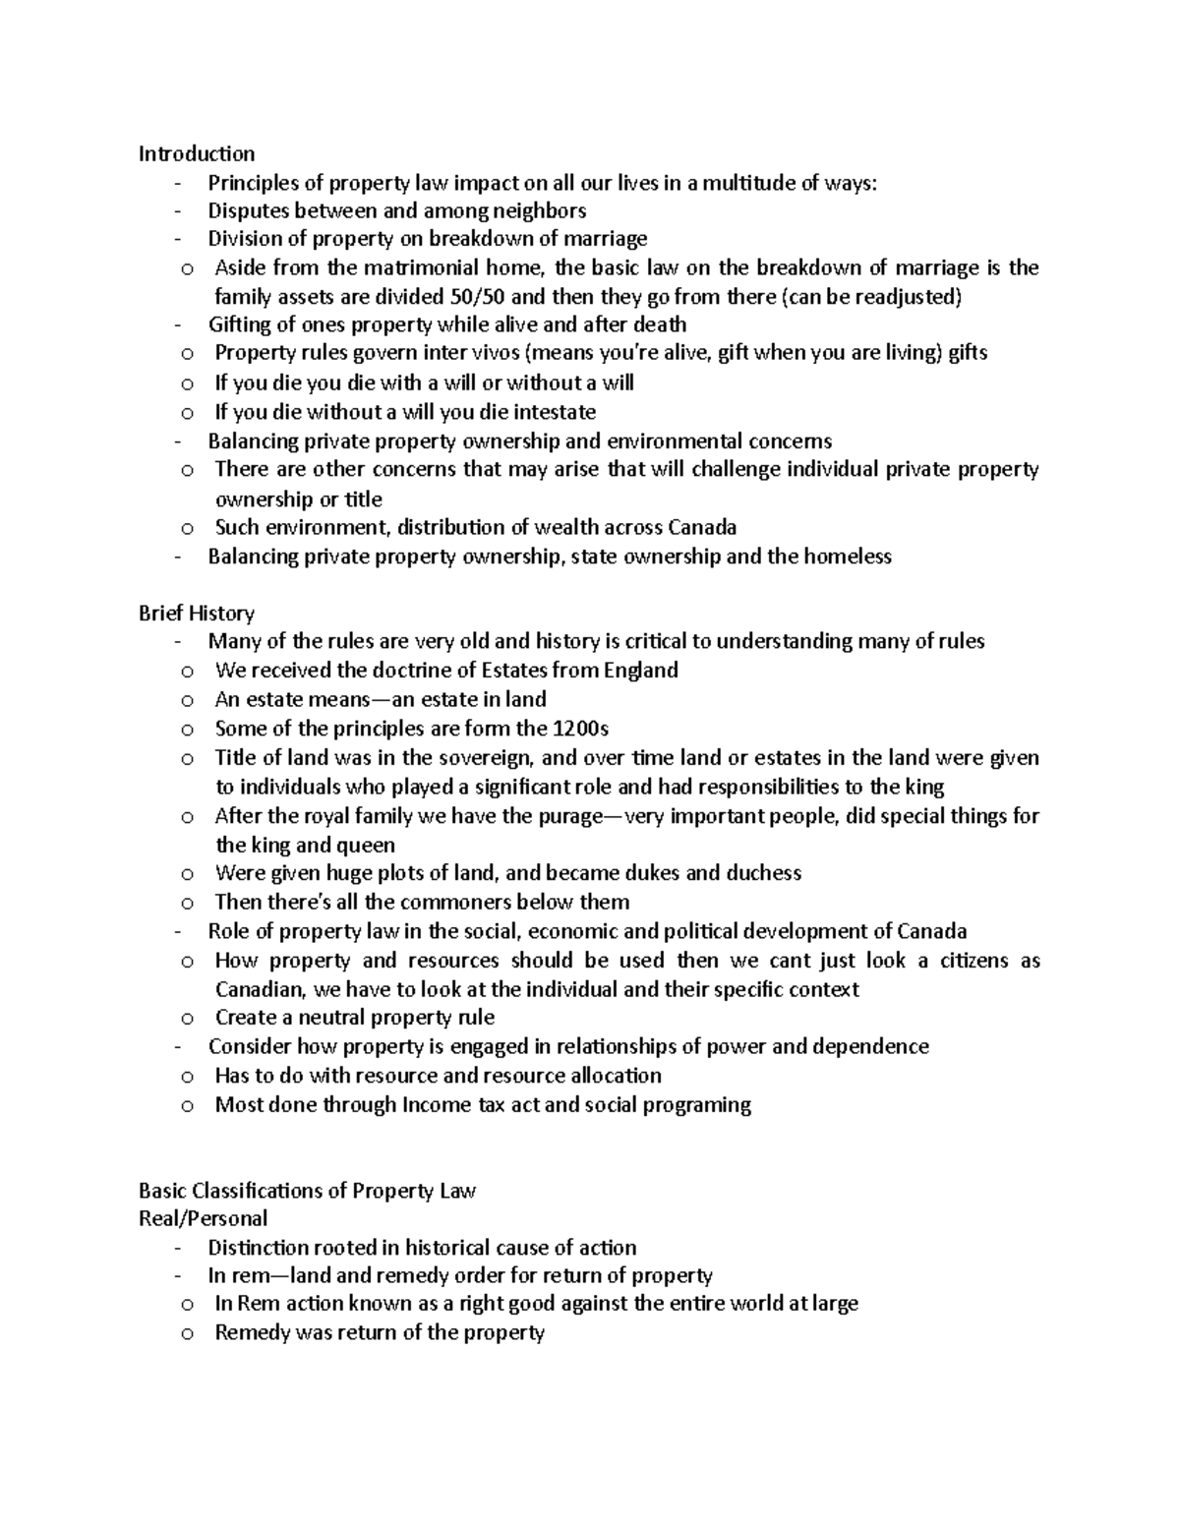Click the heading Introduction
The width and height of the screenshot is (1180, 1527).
point(197,153)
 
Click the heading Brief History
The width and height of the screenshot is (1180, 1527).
point(197,614)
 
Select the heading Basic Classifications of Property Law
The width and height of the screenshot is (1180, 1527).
point(307,1191)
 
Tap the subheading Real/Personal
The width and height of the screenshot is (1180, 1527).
point(203,1219)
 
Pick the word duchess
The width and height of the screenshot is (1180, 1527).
point(763,873)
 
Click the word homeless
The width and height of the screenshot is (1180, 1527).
point(847,557)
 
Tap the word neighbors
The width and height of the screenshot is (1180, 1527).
point(539,210)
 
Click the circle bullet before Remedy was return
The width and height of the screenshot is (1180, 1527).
point(187,1334)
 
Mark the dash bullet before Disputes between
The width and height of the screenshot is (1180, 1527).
point(177,210)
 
